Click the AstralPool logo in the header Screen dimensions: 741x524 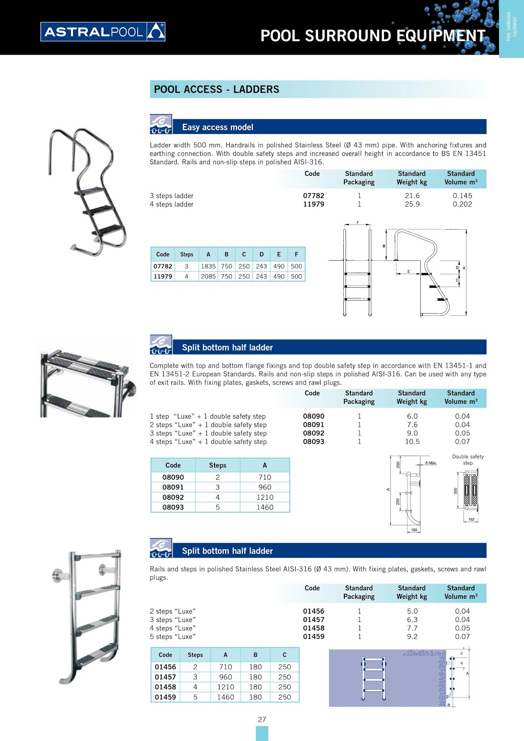(103, 32)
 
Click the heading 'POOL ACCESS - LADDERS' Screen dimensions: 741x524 (216, 89)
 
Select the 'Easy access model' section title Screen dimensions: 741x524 (217, 127)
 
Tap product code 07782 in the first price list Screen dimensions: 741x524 (313, 196)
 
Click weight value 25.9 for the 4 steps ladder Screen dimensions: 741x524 (412, 204)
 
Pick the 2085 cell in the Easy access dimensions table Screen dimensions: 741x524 (208, 276)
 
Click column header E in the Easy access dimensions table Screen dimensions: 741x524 (278, 254)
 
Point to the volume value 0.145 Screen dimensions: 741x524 (462, 196)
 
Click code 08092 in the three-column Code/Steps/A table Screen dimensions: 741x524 (173, 497)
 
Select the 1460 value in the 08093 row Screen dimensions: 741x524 (265, 508)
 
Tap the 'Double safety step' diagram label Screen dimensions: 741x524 (467, 459)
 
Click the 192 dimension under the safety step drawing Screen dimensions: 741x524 (471, 519)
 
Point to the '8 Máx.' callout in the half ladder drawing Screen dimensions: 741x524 (430, 463)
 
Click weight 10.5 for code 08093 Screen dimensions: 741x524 (412, 442)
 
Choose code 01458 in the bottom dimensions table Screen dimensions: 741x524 (165, 687)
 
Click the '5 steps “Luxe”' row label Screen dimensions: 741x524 (172, 637)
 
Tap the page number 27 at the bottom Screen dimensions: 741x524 (262, 720)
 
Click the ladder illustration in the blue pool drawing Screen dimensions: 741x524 (373, 678)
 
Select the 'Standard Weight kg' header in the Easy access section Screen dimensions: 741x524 (411, 178)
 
